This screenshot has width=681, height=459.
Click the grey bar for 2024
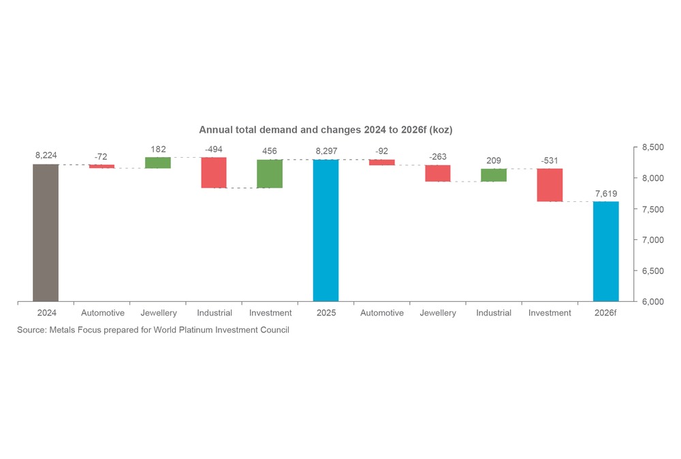46,232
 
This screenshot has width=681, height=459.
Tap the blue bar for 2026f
605,251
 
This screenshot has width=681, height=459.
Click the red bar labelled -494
214,173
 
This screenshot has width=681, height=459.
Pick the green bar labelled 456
270,173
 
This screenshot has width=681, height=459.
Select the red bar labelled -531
550,185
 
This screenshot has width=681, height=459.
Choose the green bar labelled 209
494,175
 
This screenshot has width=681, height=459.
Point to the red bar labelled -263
438,173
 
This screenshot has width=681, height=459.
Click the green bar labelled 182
158,163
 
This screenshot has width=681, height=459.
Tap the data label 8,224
46,156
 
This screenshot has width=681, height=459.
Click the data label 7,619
605,194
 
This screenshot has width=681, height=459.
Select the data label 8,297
326,151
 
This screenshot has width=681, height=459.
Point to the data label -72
101,156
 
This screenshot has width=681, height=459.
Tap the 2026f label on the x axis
605,313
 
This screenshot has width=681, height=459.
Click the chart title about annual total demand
326,129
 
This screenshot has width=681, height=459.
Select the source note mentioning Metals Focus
153,330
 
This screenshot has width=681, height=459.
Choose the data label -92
382,151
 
